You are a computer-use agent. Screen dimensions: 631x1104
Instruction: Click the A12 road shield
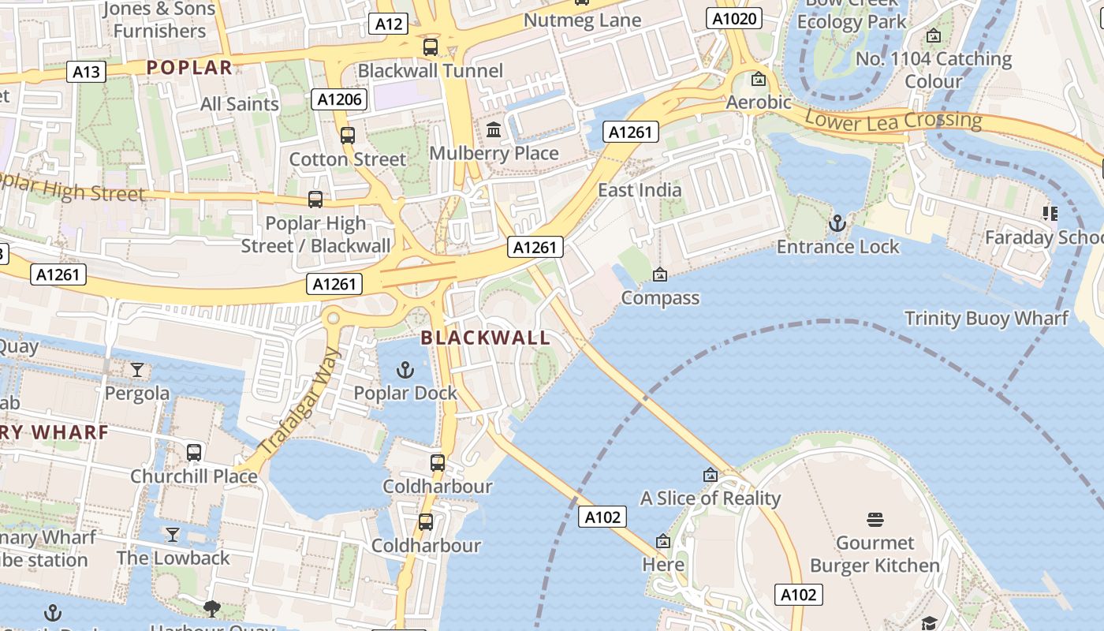[x=388, y=24]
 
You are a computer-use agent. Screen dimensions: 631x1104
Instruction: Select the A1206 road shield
[x=340, y=99]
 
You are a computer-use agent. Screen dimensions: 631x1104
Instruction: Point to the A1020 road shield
[x=733, y=18]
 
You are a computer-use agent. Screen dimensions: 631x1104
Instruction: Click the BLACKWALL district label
[x=485, y=338]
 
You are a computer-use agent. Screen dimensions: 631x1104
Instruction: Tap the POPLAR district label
[x=189, y=68]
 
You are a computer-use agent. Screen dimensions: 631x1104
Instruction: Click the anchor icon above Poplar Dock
[x=405, y=370]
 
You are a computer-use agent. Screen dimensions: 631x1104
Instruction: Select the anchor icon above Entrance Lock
[x=837, y=224]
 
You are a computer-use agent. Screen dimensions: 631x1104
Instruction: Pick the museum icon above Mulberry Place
[x=494, y=129]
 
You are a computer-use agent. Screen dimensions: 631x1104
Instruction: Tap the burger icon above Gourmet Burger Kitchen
[x=875, y=520]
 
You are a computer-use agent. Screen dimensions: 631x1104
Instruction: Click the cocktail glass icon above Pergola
[x=137, y=370]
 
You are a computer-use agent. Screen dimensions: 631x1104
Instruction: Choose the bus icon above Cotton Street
[x=348, y=136]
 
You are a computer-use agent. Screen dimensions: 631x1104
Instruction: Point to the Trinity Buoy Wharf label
[x=986, y=319]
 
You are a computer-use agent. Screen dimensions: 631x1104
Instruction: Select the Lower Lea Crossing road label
[x=893, y=121]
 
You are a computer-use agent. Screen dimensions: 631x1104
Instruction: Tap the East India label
[x=640, y=190]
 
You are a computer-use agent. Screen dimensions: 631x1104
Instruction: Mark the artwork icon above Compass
[x=660, y=274]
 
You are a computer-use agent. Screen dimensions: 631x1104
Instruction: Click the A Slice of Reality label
[x=710, y=498]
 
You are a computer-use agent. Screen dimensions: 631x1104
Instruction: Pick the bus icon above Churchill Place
[x=194, y=453]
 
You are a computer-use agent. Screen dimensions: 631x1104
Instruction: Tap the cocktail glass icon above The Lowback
[x=173, y=535]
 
